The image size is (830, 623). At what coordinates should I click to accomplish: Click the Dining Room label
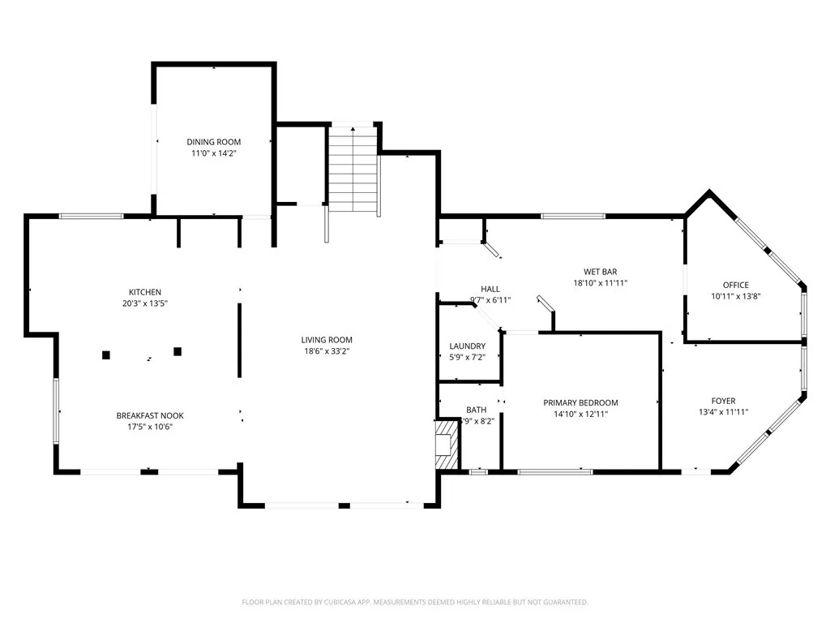point(214,142)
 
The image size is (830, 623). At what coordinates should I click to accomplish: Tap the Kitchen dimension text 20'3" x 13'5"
point(145,303)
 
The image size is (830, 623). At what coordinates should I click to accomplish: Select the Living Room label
point(327,340)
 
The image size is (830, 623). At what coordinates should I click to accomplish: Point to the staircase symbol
point(353,170)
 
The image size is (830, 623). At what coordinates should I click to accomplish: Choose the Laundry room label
point(468,346)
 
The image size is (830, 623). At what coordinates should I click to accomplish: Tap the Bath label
point(476,410)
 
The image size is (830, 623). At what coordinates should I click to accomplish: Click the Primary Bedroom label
point(580,402)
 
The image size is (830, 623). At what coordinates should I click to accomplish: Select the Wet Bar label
point(601,272)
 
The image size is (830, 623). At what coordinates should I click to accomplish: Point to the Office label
point(735,285)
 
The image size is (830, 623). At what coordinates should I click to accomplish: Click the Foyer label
point(723,401)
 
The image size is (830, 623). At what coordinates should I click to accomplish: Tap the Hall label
point(490,289)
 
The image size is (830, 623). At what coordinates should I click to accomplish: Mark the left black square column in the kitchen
point(105,354)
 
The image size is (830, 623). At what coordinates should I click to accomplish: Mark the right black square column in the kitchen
point(178,351)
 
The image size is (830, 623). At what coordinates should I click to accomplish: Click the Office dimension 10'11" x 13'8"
point(735,296)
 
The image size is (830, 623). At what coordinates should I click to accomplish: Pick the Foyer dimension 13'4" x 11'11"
point(723,412)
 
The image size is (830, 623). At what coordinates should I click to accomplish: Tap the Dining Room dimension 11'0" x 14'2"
point(214,153)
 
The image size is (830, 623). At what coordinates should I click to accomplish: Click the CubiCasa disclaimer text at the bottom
point(415,602)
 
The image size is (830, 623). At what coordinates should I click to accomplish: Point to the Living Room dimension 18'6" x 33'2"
point(327,351)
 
